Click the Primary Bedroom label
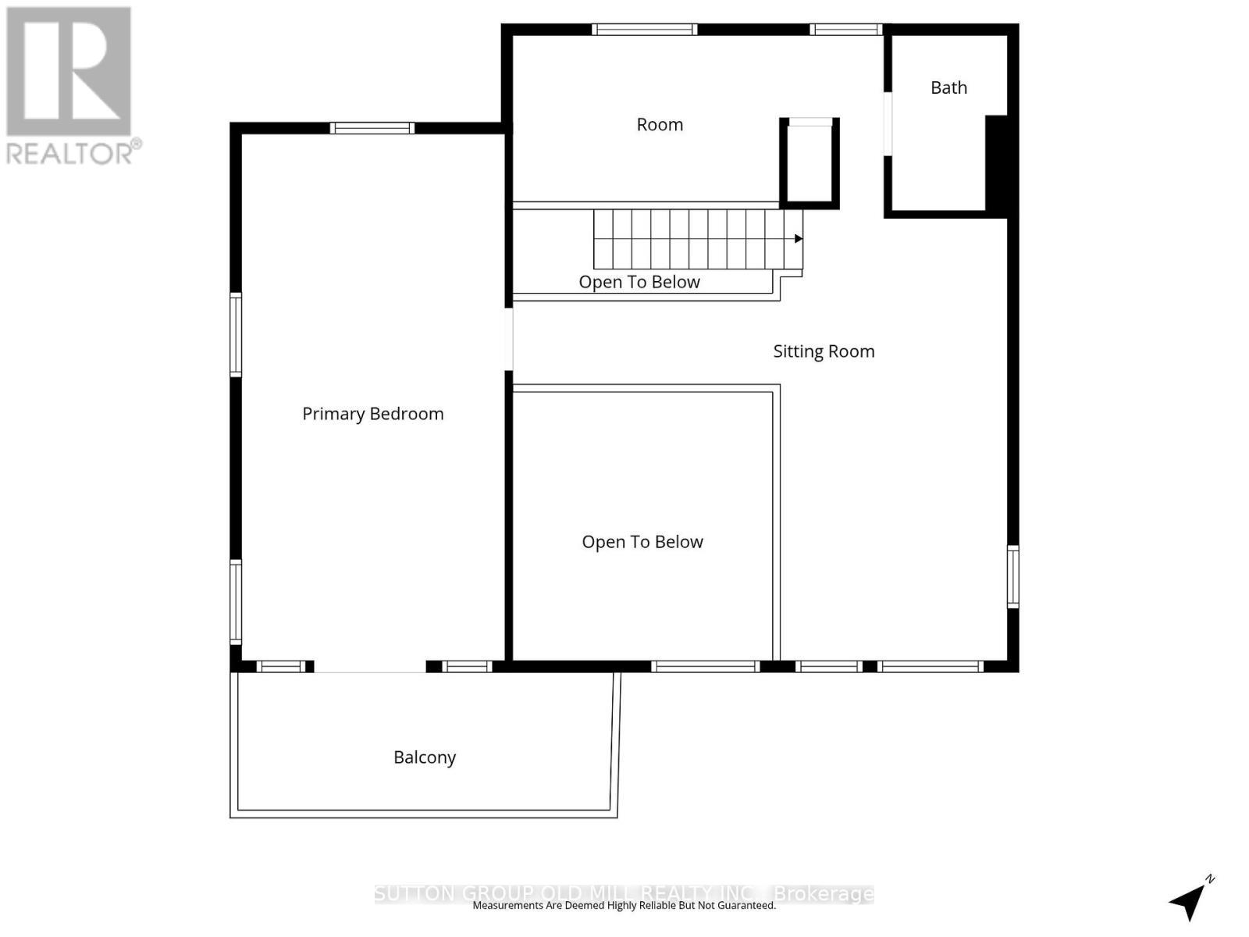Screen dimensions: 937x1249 point(372,414)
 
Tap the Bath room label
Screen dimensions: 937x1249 point(948,87)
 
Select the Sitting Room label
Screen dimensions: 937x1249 point(824,351)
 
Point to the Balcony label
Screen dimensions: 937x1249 point(424,757)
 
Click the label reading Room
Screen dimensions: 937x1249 point(660,125)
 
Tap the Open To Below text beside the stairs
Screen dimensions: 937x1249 point(639,282)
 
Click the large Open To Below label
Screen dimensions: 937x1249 point(642,542)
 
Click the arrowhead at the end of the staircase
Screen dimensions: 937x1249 point(798,239)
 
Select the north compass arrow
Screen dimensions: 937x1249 point(1190,900)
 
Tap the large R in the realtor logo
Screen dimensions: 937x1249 point(69,72)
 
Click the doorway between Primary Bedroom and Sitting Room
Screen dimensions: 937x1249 point(509,339)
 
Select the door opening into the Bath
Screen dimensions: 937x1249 point(888,124)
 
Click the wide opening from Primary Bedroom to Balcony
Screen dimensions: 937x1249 point(369,667)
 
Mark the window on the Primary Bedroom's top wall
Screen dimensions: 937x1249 point(372,128)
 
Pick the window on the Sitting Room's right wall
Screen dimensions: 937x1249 point(1012,577)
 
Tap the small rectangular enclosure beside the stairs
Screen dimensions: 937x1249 point(810,162)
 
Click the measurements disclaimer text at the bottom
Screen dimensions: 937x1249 point(624,906)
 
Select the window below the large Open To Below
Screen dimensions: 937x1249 point(705,666)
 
